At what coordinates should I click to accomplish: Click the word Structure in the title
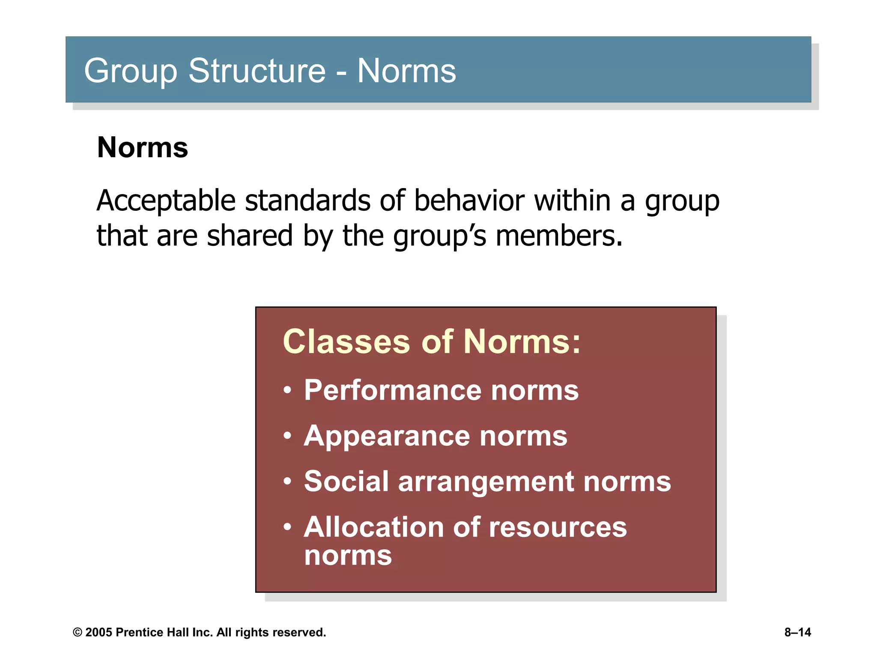(257, 71)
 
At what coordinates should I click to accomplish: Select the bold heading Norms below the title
(143, 148)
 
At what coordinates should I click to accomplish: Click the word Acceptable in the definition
(166, 201)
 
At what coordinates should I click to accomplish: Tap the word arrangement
(486, 482)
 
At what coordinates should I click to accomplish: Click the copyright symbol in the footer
(78, 633)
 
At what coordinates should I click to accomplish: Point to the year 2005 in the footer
(98, 633)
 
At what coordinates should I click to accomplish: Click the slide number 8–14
(797, 633)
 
